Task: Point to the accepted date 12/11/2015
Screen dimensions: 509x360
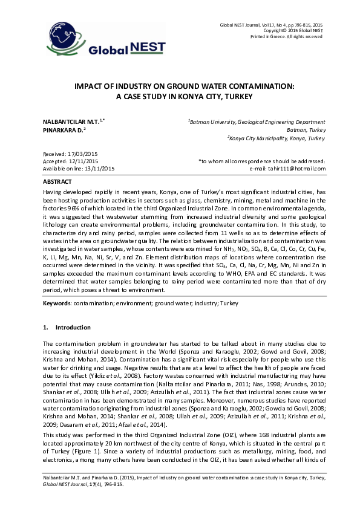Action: (83, 162)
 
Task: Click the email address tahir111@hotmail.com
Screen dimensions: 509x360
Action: (296, 169)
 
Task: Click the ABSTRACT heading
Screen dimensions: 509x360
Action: (58, 181)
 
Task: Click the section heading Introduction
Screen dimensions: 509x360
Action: (73, 328)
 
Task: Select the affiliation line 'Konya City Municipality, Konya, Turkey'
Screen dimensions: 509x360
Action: (277, 138)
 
